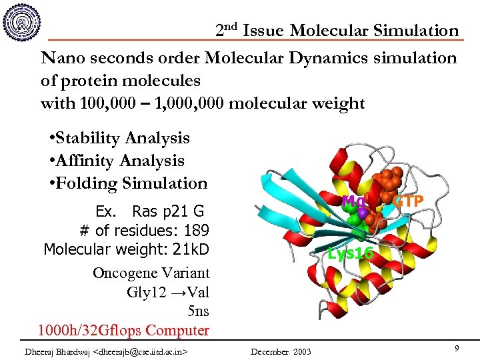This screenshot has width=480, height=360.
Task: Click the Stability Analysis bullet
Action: (x=123, y=138)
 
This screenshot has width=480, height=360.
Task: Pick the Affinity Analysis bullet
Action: (x=120, y=161)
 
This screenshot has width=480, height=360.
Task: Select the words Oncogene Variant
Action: (x=151, y=273)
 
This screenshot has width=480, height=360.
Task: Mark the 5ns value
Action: (x=198, y=311)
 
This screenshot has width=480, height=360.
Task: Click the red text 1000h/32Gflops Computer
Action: (x=123, y=330)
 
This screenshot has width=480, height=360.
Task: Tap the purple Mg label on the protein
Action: (x=351, y=201)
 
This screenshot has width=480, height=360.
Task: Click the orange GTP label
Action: (x=407, y=201)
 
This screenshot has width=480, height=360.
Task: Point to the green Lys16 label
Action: (x=351, y=253)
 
